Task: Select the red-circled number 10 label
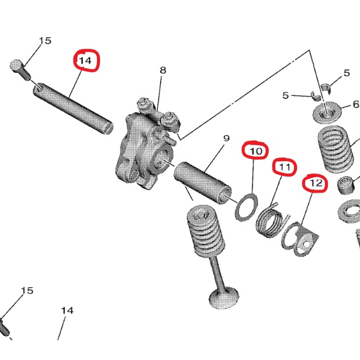(256, 150)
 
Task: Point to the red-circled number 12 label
(316, 183)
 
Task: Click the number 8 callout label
(163, 70)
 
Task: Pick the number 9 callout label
(226, 138)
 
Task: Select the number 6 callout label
(355, 104)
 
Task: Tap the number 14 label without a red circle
(67, 310)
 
